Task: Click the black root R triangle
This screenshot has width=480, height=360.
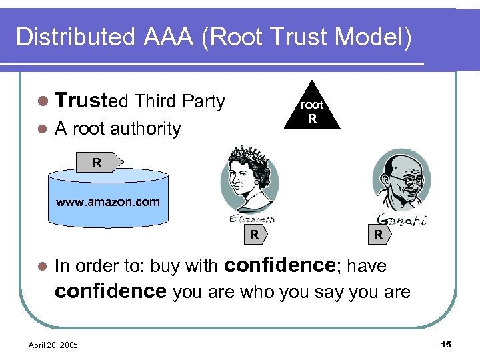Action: click(311, 110)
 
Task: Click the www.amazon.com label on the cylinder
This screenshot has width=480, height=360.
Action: click(108, 201)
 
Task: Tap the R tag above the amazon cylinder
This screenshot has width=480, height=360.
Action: click(98, 162)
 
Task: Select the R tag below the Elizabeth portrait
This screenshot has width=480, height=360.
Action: click(255, 234)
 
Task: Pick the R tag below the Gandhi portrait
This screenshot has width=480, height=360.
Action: click(378, 234)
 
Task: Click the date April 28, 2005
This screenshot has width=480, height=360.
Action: click(53, 345)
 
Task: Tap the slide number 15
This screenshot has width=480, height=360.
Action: click(446, 344)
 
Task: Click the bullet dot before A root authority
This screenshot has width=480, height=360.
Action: click(42, 129)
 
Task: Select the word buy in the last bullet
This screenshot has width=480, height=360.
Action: click(164, 266)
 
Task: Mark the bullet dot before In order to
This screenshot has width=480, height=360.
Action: click(42, 266)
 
